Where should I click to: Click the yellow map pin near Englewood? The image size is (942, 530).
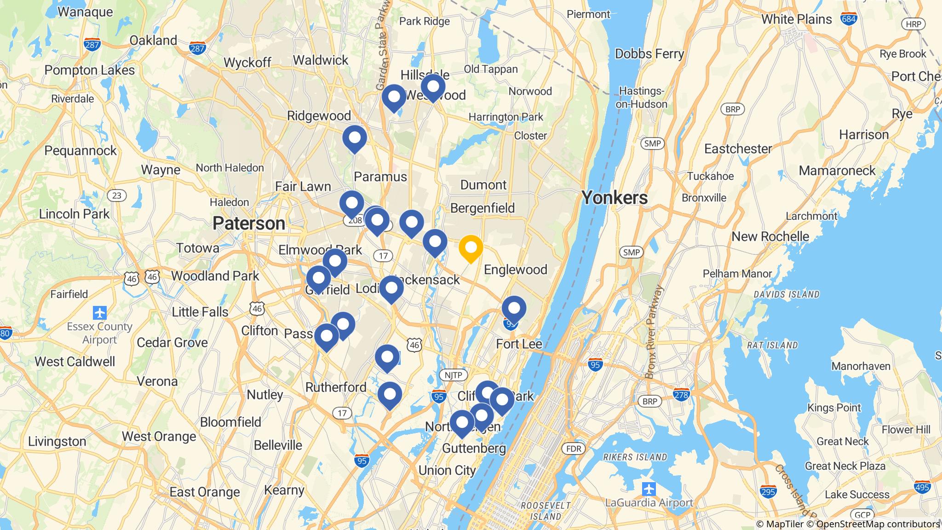pos(471,248)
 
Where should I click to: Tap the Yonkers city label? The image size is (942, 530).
pos(615,198)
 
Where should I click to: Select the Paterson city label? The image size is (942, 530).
pos(249,224)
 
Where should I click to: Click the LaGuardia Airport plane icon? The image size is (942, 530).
pos(649,488)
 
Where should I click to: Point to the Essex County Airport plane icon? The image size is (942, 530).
pos(99,313)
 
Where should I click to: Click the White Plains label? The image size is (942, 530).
pos(796,19)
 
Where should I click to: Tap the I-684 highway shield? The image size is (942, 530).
pos(848,19)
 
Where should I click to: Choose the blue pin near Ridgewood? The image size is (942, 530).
pos(355,138)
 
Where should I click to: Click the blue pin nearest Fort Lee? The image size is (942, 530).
pos(514,309)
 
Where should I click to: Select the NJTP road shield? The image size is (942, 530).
pos(453,375)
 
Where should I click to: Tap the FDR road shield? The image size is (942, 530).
pos(574,449)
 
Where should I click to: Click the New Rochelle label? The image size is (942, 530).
pos(770,236)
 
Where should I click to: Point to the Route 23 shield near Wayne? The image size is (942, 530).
pos(117,196)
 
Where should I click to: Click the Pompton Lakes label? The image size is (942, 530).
pos(90,70)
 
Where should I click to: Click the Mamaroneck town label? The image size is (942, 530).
pos(837,171)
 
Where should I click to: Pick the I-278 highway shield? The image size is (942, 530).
pos(681,394)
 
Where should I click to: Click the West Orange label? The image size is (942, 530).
pos(159,436)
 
